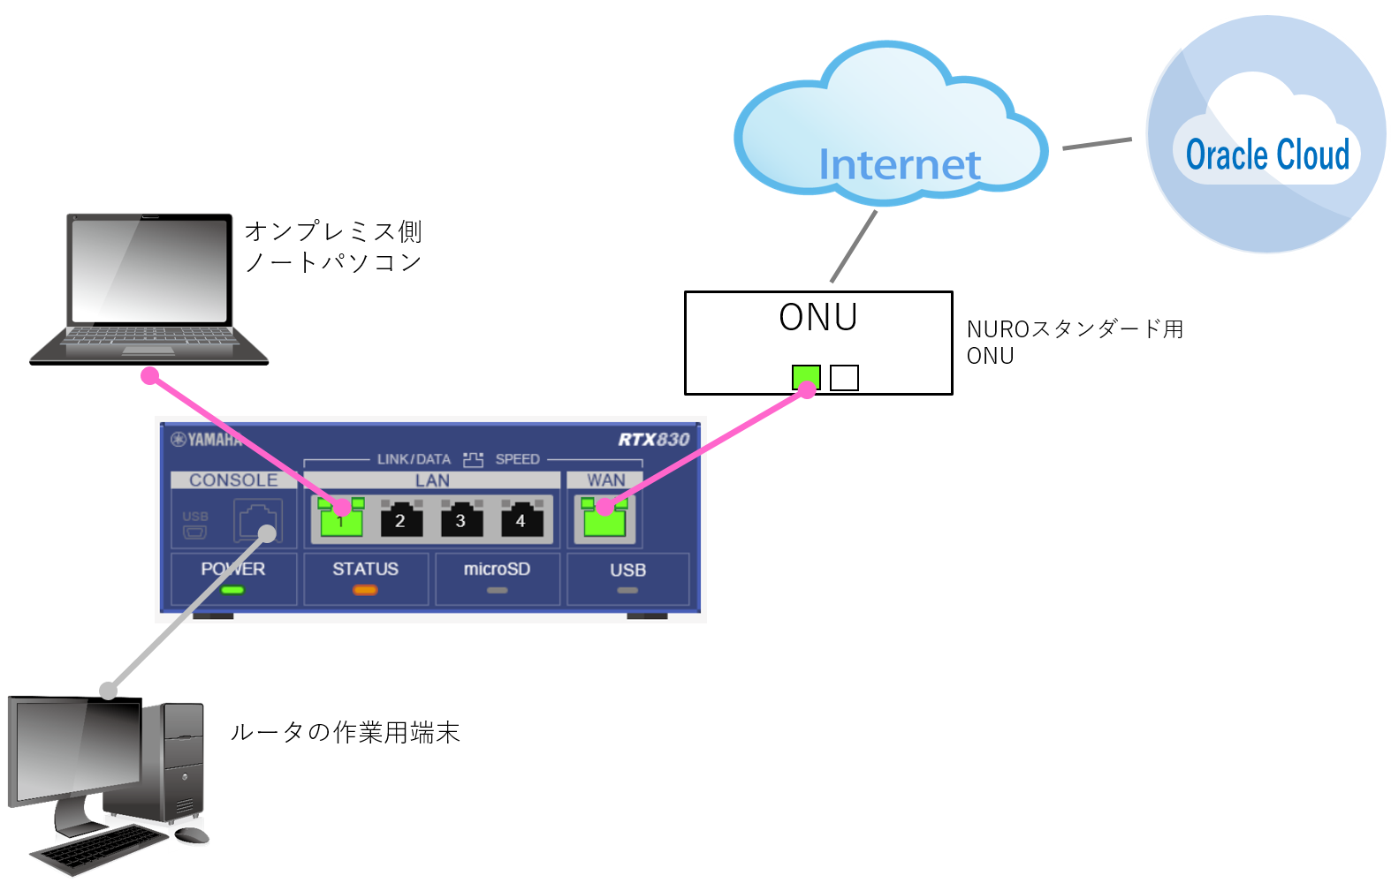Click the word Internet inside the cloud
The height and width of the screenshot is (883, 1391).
(900, 165)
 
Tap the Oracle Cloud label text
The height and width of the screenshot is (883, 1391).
(1267, 155)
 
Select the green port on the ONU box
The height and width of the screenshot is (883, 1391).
(806, 378)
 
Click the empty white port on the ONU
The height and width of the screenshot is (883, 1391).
(844, 378)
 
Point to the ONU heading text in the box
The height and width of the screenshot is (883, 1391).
(818, 318)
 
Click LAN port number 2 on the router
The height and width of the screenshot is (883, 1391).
(400, 519)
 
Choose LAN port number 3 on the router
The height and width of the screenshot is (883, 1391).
(460, 519)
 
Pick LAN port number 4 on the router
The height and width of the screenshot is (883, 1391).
(521, 519)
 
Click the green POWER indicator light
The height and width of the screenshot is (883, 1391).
(232, 590)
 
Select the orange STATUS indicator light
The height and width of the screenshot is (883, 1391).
(365, 590)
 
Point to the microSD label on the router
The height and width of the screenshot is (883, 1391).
(497, 570)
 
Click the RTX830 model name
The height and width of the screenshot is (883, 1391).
(653, 440)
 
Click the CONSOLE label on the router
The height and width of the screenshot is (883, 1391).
(233, 480)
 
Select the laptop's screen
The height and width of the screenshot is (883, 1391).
(149, 270)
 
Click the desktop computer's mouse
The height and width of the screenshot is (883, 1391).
(191, 834)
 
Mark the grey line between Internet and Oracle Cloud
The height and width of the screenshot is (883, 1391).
(1097, 143)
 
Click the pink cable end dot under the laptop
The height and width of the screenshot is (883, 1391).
(150, 376)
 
